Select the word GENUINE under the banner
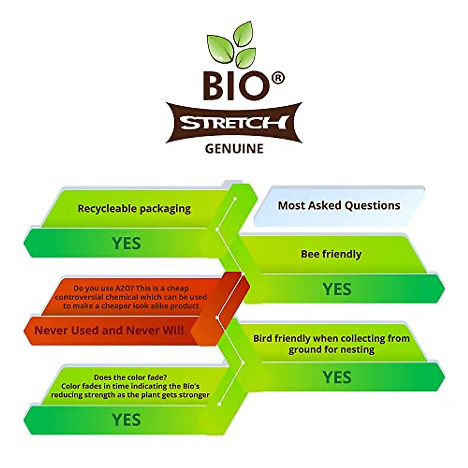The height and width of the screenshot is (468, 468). [x=234, y=149]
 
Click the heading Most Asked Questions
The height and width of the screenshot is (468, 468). [x=339, y=206]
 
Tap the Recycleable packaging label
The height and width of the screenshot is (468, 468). [x=134, y=209]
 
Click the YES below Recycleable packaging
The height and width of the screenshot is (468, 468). [x=126, y=243]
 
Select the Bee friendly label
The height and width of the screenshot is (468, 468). [x=331, y=254]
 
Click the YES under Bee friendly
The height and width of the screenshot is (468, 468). [x=337, y=289]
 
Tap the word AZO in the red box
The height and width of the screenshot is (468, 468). [x=124, y=288]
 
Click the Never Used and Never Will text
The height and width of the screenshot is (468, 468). [x=109, y=331]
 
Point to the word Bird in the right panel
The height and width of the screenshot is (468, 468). [x=264, y=338]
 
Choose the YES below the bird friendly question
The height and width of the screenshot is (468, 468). [x=337, y=377]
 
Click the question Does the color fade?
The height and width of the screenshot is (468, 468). [x=130, y=377]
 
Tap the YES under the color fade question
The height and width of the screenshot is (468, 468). [x=126, y=420]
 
